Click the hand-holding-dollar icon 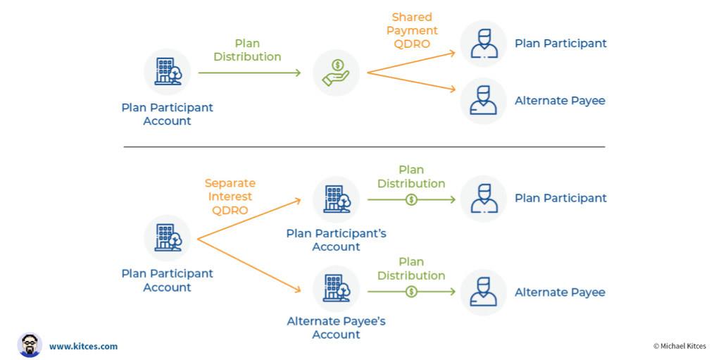(336, 73)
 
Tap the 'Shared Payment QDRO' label (412, 30)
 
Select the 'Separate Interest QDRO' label (230, 197)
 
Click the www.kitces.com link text (83, 346)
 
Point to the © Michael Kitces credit (679, 346)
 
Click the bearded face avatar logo (30, 345)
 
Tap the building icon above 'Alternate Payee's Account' (336, 288)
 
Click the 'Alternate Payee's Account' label (336, 328)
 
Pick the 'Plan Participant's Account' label (336, 240)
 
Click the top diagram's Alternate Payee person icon (483, 101)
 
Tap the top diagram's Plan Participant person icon (483, 44)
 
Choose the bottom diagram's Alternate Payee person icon (483, 292)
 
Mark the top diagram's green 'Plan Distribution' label (247, 50)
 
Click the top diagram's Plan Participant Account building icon (167, 72)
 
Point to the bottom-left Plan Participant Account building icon (167, 238)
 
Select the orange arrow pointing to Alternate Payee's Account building (249, 265)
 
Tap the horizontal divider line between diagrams (364, 147)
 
